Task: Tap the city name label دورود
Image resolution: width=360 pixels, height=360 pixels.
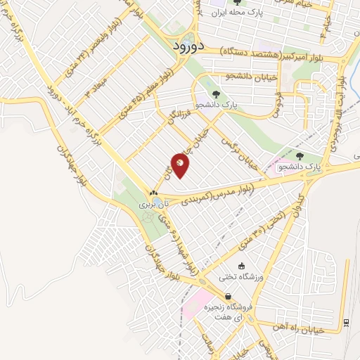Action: click(188, 46)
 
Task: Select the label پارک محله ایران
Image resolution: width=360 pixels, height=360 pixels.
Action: click(243, 11)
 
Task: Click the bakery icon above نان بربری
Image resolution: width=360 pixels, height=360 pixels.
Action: click(153, 193)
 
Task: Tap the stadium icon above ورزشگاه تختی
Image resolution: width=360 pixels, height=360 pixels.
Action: click(243, 266)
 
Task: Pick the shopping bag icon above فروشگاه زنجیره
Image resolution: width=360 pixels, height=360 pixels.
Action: click(227, 297)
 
